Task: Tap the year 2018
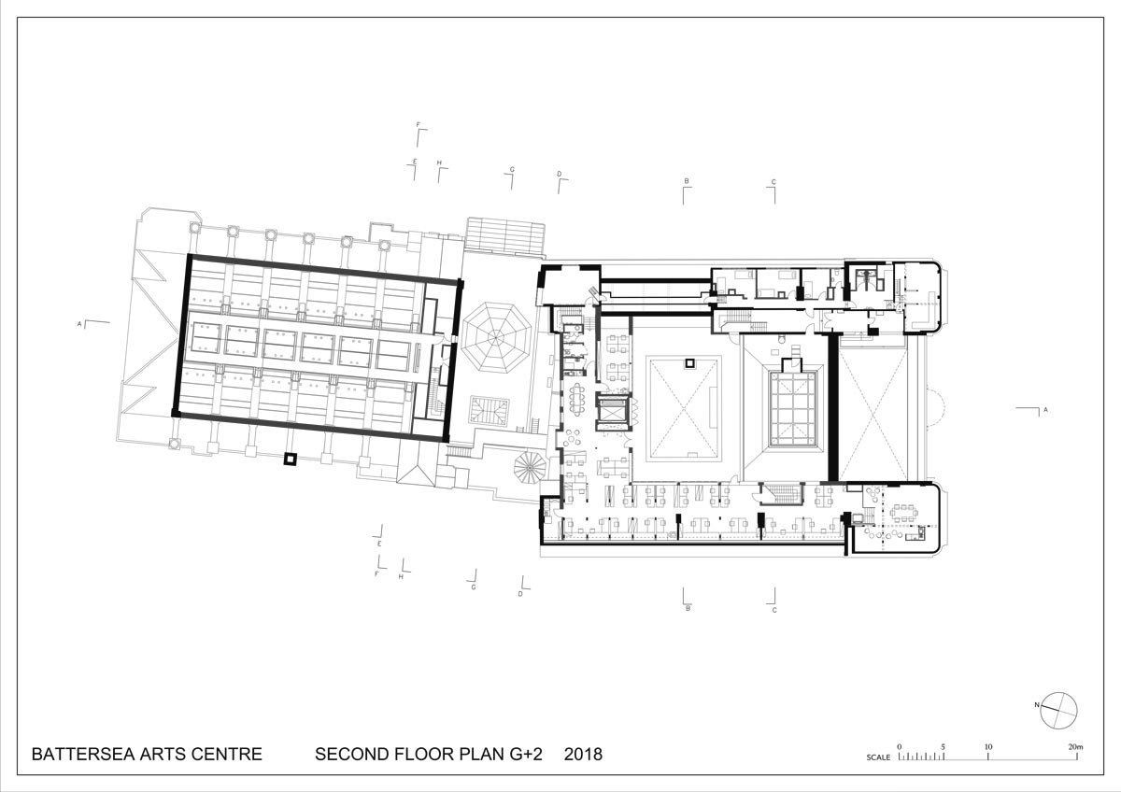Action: pos(583,754)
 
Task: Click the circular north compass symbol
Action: pos(1058,711)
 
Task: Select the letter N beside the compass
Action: pos(1037,705)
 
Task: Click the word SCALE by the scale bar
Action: pos(878,757)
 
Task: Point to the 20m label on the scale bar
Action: pos(1075,747)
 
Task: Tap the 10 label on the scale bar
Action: pos(988,747)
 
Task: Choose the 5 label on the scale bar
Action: pos(943,747)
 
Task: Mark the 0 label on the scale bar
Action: pos(900,747)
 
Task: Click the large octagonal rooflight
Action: pos(496,338)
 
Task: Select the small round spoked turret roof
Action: pos(530,467)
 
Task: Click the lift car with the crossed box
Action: pos(612,410)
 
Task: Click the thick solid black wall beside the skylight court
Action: pos(832,408)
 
